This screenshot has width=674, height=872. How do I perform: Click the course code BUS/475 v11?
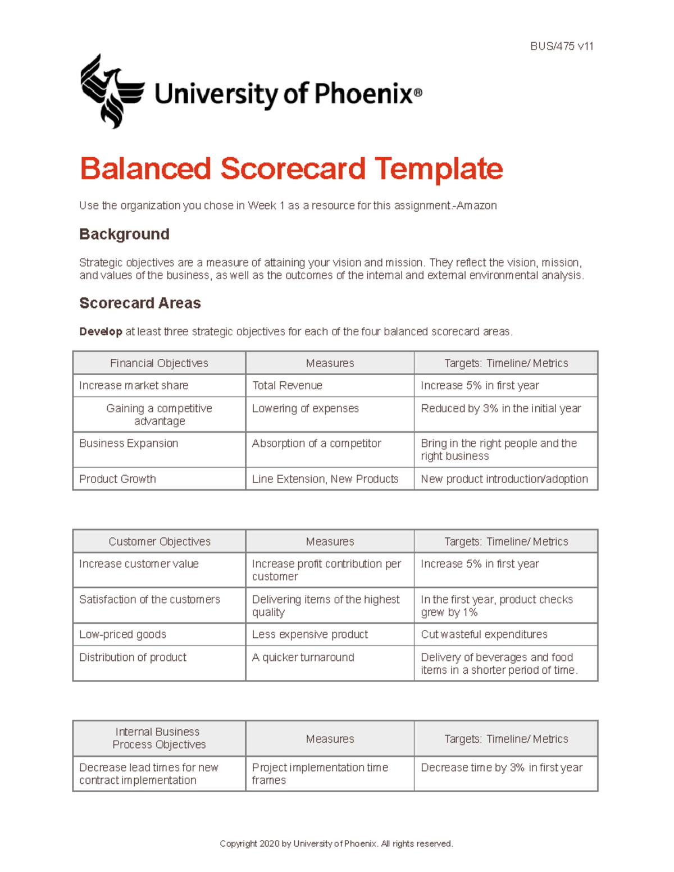561,47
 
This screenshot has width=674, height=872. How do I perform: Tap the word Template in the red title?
439,169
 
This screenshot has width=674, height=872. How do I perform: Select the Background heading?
124,234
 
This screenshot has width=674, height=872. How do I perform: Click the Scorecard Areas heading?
140,303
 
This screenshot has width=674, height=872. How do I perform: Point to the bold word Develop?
101,332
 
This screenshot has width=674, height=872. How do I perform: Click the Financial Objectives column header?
159,363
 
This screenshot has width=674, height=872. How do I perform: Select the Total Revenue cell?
287,386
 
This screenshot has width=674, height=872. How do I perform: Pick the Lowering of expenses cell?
305,409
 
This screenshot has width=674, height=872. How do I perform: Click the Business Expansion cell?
129,444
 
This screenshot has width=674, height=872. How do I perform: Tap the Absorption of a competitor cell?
316,444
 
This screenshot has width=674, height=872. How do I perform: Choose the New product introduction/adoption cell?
504,479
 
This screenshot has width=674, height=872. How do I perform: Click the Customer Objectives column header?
159,542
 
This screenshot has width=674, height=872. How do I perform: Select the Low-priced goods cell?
122,634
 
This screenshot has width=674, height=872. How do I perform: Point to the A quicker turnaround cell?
303,658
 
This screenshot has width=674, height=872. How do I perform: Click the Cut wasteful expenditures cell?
484,634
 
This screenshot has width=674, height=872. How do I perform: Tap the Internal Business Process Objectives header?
158,738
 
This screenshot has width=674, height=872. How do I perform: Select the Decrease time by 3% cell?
501,768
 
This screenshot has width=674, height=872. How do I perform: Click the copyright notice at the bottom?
336,843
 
